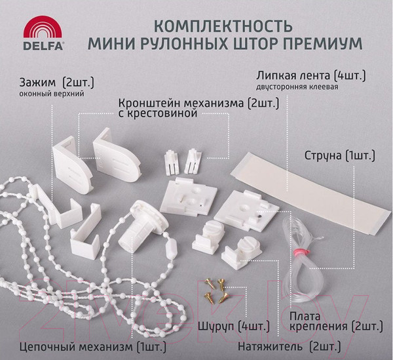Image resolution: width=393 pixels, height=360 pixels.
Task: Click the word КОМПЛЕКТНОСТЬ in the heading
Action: tap(219, 28)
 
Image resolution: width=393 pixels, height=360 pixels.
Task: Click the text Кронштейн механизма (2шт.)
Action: tap(198, 104)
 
